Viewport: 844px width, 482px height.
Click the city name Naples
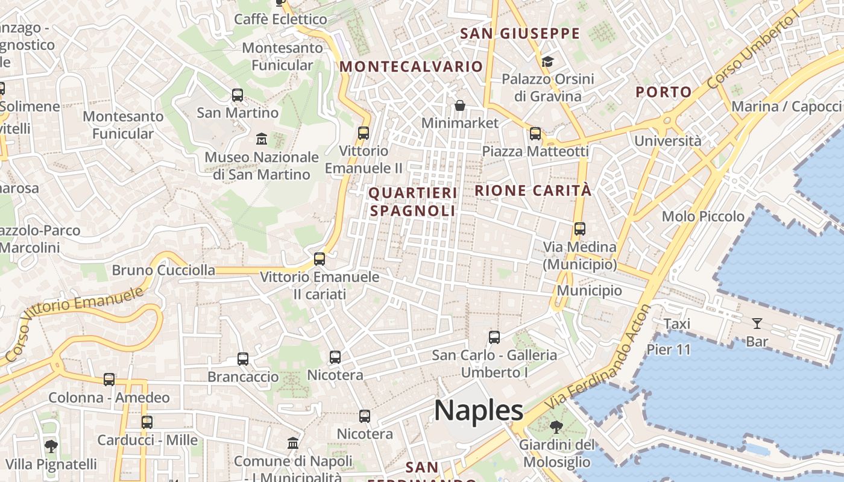pos(479,411)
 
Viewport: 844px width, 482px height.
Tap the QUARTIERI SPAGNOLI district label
pos(413,202)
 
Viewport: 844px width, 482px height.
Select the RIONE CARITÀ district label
pos(533,191)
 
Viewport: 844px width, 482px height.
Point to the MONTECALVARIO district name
pos(412,66)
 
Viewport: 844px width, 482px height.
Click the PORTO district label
pos(664,92)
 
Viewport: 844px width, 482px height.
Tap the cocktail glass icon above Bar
pos(757,324)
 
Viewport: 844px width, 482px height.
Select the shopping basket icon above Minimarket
pos(460,105)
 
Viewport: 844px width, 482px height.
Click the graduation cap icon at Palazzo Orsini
pos(547,61)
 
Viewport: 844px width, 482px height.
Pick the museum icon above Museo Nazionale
pos(262,139)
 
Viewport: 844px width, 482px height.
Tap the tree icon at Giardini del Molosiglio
pos(556,427)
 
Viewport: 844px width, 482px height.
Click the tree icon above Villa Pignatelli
pos(51,446)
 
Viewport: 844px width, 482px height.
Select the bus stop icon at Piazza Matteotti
pos(535,134)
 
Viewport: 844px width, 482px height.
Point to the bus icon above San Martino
pos(238,95)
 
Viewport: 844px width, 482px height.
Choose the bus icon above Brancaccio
pos(243,359)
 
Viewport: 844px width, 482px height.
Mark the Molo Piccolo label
pos(703,216)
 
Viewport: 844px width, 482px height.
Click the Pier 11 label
pos(669,349)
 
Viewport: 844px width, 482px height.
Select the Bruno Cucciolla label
pos(163,270)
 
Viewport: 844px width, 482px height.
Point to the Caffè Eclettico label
pos(280,19)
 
